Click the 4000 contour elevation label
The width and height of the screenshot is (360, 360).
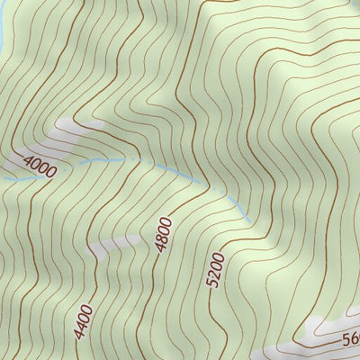(40, 167)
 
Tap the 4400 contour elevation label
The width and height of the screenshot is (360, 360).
(83, 320)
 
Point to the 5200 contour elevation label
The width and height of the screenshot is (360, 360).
(214, 270)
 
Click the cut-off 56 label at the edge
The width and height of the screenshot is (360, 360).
(351, 340)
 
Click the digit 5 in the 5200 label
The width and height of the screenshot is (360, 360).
(212, 282)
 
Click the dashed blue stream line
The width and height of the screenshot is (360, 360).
(135, 163)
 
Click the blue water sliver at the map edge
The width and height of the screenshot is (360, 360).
(3, 27)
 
